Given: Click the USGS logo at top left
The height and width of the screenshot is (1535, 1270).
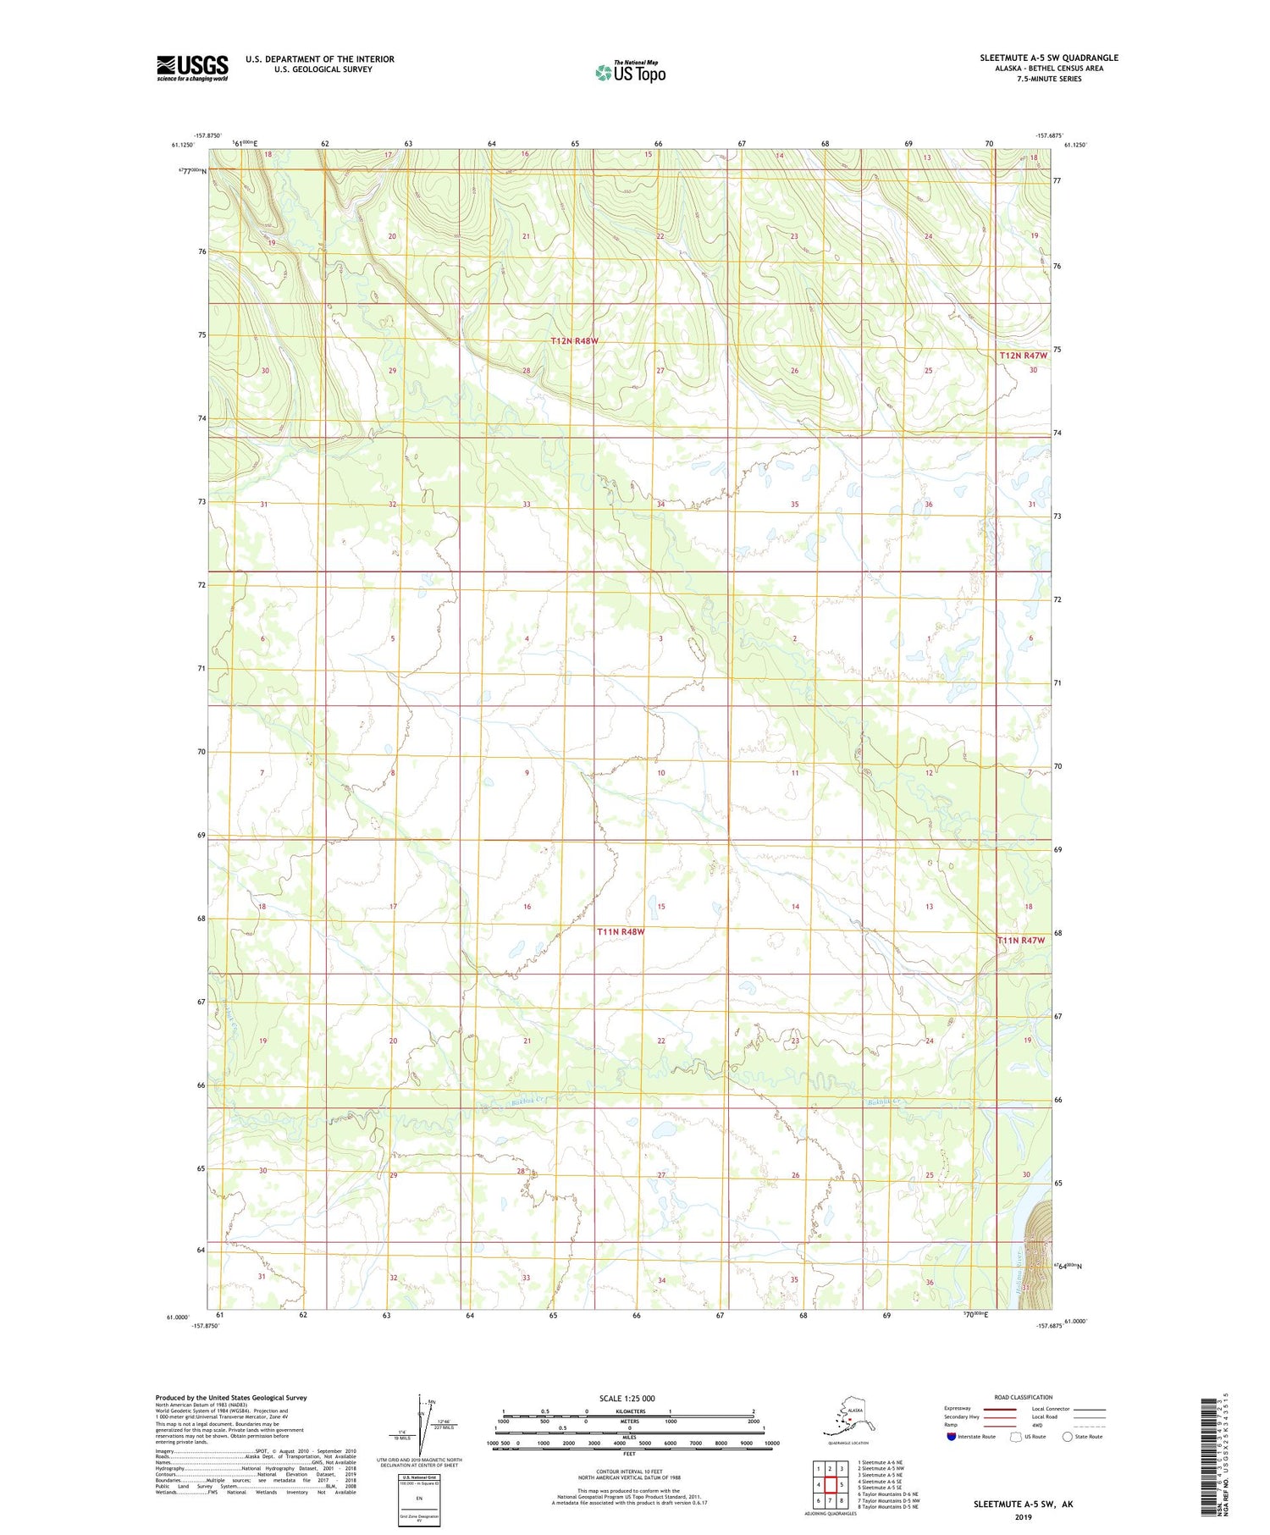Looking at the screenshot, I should point(192,68).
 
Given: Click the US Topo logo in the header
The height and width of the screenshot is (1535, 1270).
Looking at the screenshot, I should point(631,72).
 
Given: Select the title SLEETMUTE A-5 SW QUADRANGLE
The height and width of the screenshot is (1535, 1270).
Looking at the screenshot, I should point(1049,58).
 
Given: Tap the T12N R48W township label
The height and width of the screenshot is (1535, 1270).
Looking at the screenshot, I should point(574,341).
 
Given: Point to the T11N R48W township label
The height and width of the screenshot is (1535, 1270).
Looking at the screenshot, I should point(621,932).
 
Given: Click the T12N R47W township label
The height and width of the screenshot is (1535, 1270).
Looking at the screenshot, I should point(1023,356).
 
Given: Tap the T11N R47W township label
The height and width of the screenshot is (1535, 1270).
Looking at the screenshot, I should point(1021,941).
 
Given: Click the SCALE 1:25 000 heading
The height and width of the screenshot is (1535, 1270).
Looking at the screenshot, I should point(627,1399).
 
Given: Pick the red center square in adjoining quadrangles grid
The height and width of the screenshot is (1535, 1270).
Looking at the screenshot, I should point(830,1484).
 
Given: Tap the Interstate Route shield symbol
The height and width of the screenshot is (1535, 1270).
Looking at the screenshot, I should point(952,1437).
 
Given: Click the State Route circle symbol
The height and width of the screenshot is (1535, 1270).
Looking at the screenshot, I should point(1068,1437).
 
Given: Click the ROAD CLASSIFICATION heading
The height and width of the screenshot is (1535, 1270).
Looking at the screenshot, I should point(1023,1398).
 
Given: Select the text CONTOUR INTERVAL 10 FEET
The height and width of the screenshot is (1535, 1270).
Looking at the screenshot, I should point(628,1472).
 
